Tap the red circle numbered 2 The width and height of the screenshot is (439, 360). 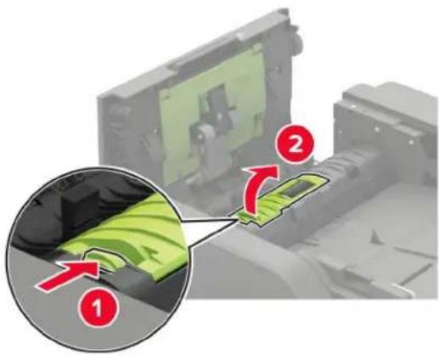[295, 146]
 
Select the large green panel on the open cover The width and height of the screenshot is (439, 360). [212, 113]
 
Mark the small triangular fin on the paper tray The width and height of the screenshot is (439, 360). [376, 236]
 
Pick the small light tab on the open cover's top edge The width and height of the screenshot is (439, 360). [245, 36]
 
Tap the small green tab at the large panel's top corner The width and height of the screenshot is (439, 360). [257, 48]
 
